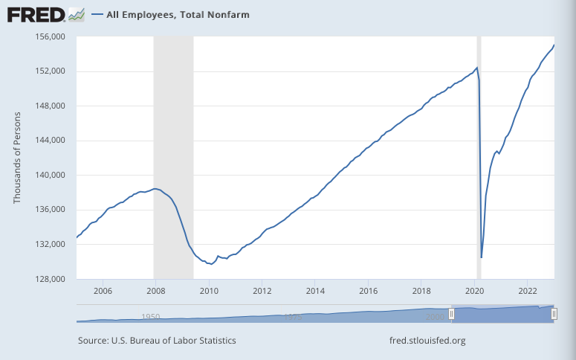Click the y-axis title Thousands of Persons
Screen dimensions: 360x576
tap(18, 157)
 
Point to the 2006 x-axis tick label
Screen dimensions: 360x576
tap(103, 290)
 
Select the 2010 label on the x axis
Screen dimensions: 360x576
tap(209, 290)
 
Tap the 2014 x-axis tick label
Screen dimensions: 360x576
tap(315, 290)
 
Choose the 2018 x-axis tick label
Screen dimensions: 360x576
tap(421, 290)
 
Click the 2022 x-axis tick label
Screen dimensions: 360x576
tap(528, 290)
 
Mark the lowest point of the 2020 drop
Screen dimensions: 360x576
tap(482, 257)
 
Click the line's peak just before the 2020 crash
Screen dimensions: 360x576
tap(476, 68)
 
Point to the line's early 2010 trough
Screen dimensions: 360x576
tap(212, 264)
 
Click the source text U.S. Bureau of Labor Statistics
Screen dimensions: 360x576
tap(157, 341)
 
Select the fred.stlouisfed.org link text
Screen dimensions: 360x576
tap(427, 341)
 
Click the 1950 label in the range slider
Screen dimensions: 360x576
tap(151, 317)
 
